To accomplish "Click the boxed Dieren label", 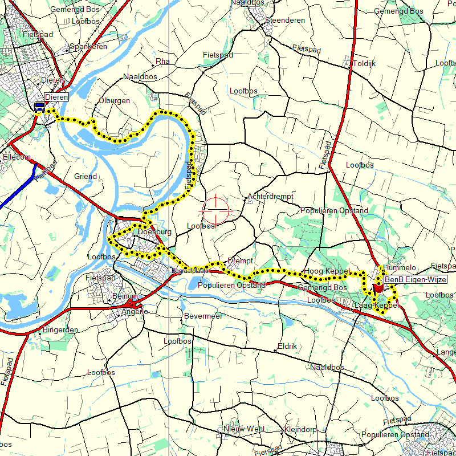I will pyautogui.click(x=57, y=97).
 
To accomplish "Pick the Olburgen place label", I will pyautogui.click(x=114, y=100).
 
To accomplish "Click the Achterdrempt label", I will pyautogui.click(x=270, y=197).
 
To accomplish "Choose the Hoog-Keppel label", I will pyautogui.click(x=326, y=271).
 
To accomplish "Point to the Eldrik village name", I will pyautogui.click(x=287, y=346).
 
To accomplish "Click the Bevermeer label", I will pyautogui.click(x=203, y=316).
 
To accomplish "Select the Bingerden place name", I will pyautogui.click(x=60, y=330).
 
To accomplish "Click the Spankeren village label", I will pyautogui.click(x=88, y=47).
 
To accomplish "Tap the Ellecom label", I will pyautogui.click(x=17, y=156).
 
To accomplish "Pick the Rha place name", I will pyautogui.click(x=163, y=61).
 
